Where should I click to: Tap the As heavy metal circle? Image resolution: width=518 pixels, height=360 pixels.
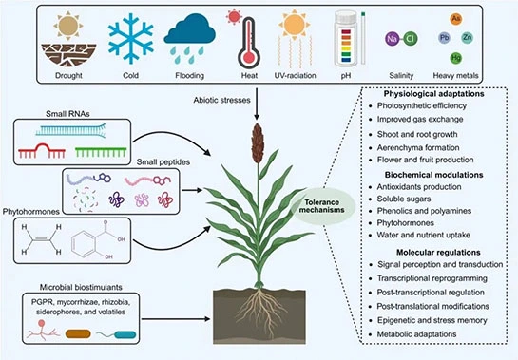[482, 18]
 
